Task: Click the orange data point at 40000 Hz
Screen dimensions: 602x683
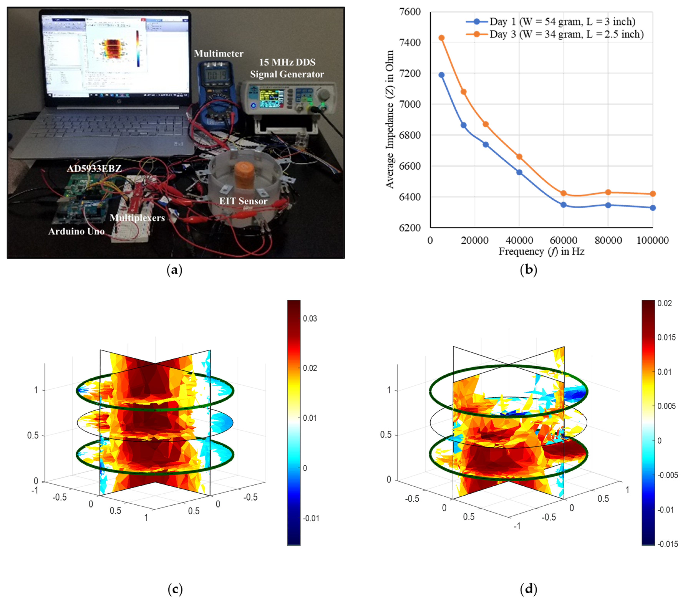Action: click(x=519, y=156)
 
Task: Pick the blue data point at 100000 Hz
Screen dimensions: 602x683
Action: click(x=653, y=208)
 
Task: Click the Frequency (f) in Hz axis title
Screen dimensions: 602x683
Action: click(x=541, y=251)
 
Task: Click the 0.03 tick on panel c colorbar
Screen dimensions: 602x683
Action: click(x=310, y=318)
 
